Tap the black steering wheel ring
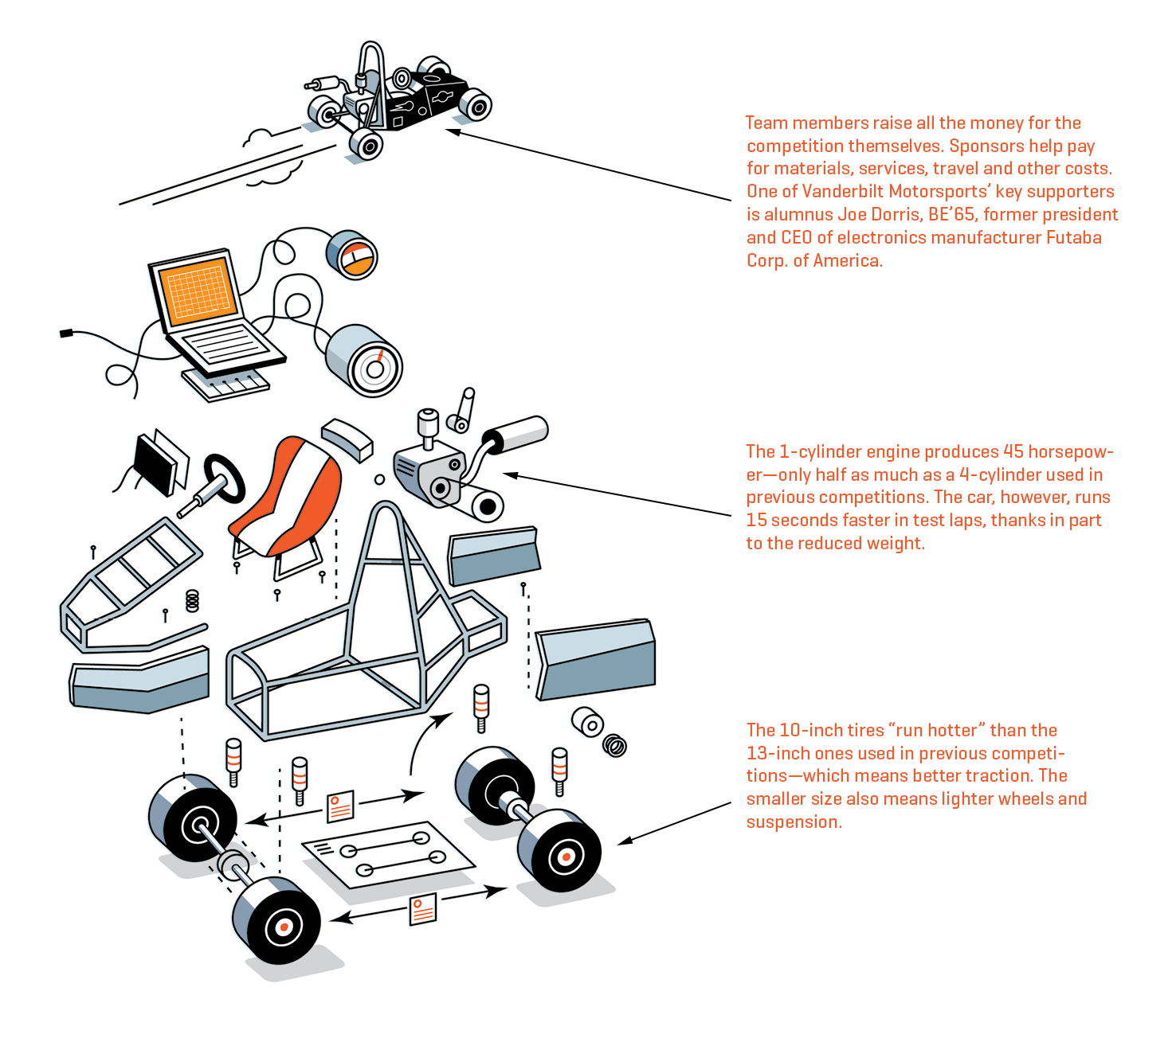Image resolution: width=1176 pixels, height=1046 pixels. pos(225,478)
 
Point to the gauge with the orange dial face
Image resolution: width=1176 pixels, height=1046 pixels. pos(351,256)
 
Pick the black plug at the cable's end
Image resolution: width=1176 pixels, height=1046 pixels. pos(66,333)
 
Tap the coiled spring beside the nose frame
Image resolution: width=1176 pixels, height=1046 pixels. pos(192,600)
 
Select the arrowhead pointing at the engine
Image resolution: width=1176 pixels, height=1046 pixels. pos(510,475)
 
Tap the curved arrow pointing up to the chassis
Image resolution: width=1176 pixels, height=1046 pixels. pos(422,740)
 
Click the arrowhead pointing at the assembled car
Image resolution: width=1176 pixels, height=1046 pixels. pos(452,131)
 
